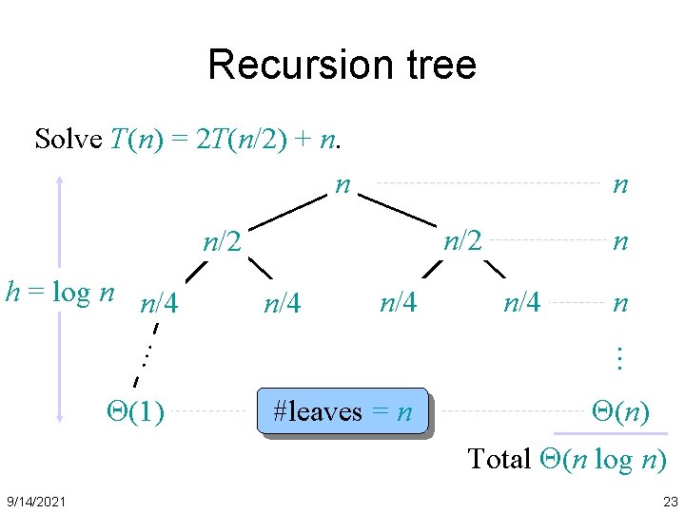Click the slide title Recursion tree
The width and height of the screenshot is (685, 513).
[x=342, y=65]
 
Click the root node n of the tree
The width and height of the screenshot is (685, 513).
[x=342, y=183]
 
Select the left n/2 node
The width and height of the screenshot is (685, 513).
[x=224, y=242]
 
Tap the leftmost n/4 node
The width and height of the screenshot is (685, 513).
[x=160, y=304]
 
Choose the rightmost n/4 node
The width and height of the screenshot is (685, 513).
[x=521, y=302]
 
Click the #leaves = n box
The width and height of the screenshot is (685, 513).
[x=342, y=412]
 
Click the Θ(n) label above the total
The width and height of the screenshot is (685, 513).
[x=620, y=411]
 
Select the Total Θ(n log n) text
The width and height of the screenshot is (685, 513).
[x=567, y=459]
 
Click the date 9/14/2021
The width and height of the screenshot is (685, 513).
[x=36, y=501]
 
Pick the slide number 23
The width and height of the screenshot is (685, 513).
[x=670, y=501]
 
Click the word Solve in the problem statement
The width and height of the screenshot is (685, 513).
[x=68, y=139]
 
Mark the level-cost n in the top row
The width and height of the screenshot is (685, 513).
[x=620, y=184]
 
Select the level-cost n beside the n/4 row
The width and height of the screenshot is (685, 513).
[x=620, y=304]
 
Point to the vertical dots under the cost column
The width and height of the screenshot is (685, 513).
[x=619, y=358]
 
